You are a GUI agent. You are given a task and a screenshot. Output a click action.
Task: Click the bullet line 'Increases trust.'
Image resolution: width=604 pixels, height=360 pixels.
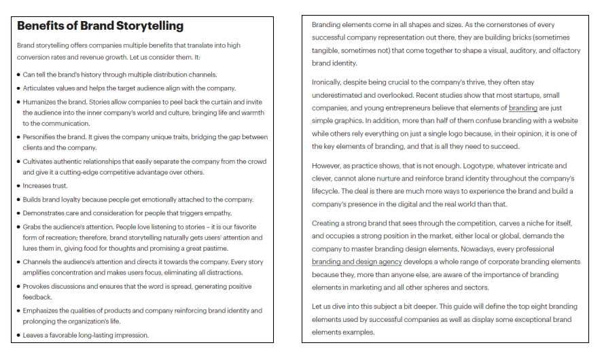(x=45, y=186)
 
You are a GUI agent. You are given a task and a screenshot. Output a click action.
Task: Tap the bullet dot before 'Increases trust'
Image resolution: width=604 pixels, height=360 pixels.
(x=18, y=186)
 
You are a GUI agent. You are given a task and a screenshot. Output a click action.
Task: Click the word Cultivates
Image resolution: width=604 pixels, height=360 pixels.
(x=39, y=162)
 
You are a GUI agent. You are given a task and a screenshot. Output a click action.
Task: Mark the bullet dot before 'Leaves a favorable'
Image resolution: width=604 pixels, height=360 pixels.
(x=18, y=335)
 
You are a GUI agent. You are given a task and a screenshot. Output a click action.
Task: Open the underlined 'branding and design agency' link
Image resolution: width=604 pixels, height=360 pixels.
(x=357, y=262)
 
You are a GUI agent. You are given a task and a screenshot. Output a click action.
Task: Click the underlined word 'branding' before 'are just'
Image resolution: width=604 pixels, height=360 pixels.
(x=522, y=108)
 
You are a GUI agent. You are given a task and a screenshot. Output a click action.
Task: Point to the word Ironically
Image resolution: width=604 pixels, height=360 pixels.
(x=329, y=82)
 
